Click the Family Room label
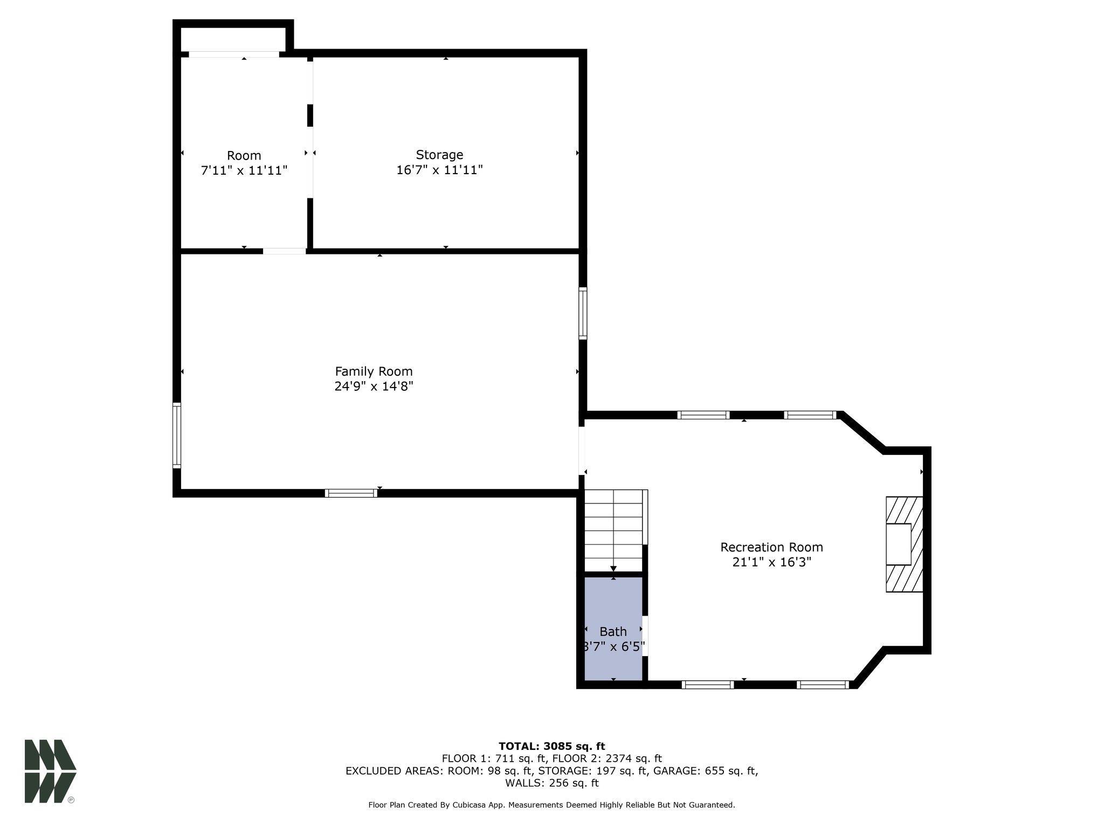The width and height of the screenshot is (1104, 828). (x=374, y=371)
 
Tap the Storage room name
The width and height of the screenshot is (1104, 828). (x=439, y=155)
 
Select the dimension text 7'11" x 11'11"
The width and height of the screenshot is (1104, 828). (x=244, y=171)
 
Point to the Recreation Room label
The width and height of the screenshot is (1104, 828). (x=771, y=547)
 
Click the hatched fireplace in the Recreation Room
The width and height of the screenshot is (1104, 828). (x=904, y=544)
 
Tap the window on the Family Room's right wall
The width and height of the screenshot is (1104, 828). (x=583, y=313)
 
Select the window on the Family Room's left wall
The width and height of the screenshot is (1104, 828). (x=176, y=434)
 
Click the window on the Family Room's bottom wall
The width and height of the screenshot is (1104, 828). (x=351, y=493)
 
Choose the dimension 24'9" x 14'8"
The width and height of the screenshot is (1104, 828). (x=374, y=387)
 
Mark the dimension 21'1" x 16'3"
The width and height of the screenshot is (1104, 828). (x=771, y=562)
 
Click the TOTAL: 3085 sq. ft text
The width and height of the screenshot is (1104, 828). (x=551, y=746)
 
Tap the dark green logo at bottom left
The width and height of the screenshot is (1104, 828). (x=50, y=771)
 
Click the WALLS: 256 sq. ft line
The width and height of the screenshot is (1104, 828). (x=551, y=783)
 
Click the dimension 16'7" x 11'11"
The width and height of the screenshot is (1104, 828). (x=439, y=170)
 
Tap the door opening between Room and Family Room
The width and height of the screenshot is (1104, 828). (x=284, y=251)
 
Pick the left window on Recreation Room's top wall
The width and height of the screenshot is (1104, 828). (x=703, y=415)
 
